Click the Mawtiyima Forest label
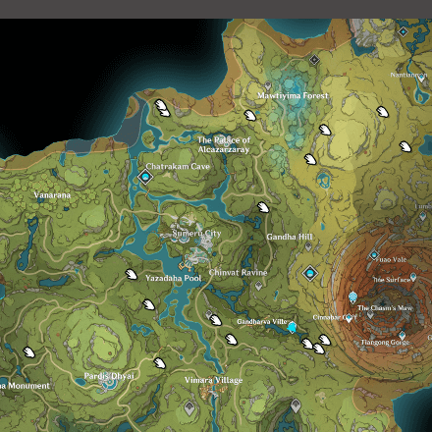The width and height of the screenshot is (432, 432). pos(293,96)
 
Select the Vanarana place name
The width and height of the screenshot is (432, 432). pos(52,195)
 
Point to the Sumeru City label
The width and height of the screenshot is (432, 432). pos(197,233)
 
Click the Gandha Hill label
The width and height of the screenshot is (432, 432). pos(290,237)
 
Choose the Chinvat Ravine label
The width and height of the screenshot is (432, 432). pos(238,272)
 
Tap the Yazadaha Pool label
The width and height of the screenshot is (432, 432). pos(174,279)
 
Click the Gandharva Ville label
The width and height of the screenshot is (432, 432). pos(262,322)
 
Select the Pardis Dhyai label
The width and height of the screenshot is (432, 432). pos(109,375)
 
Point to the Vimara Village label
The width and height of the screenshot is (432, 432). pos(213,380)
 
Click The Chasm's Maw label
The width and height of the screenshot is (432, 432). pos(378,308)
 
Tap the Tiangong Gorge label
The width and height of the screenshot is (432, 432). pos(384,342)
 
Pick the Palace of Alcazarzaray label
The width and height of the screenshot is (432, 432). pos(224,145)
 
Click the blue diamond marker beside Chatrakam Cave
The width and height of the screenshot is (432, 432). pos(146,177)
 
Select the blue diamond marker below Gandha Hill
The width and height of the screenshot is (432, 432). pos(310,273)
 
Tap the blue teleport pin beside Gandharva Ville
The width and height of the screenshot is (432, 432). pos(293,326)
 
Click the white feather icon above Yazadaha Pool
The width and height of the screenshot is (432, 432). pos(132,275)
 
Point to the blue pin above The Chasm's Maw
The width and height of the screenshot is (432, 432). pos(352,297)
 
